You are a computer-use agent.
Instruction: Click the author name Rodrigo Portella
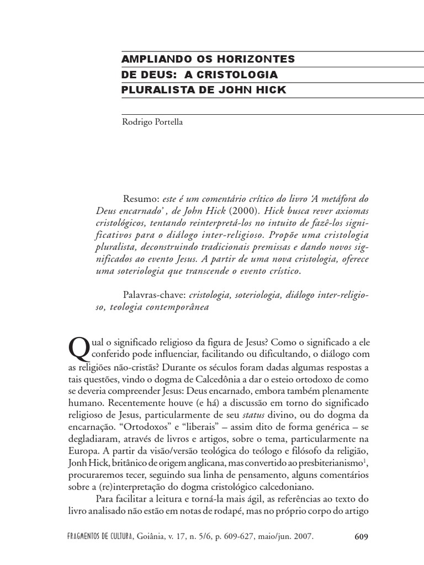coord(152,122)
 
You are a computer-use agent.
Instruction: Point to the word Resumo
coord(142,199)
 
